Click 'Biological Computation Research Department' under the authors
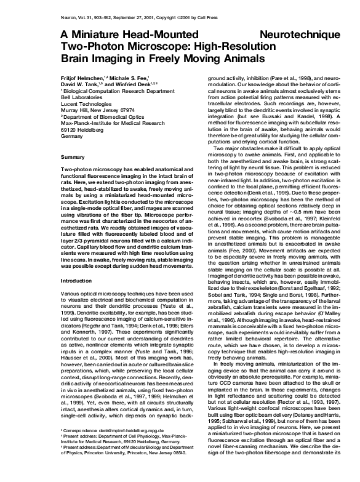click(118, 91)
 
